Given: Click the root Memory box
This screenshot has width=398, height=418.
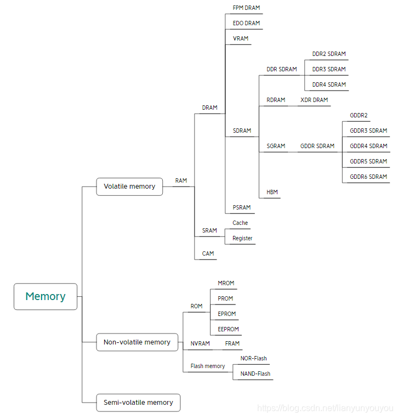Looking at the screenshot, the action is (x=46, y=296).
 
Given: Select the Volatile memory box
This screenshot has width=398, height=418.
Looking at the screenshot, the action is (x=129, y=187).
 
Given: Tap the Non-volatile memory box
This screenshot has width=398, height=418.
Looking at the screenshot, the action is (x=137, y=342).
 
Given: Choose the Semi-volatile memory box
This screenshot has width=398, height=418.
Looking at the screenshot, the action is (x=138, y=403).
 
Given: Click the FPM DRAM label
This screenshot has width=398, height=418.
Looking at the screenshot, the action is (x=246, y=8).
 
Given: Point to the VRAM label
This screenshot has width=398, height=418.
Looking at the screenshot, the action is (x=241, y=38).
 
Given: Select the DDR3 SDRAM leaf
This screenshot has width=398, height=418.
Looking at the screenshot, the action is (x=329, y=69).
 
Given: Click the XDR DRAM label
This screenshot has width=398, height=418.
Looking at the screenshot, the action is (x=314, y=100).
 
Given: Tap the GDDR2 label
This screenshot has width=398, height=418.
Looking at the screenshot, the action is (x=359, y=115).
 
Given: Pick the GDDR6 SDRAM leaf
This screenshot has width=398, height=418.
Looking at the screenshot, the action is (x=368, y=177).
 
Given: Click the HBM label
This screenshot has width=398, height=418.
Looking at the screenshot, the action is (x=272, y=192).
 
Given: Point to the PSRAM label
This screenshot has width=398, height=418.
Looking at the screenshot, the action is (x=242, y=207).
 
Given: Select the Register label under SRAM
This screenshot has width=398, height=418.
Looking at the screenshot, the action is (x=242, y=238).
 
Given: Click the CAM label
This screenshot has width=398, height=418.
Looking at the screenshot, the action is (x=208, y=253).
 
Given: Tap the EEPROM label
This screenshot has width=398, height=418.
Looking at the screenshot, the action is (x=228, y=330).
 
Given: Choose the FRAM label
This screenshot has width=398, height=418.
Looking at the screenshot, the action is (x=232, y=343).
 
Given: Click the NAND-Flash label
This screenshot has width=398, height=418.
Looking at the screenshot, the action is (x=255, y=374).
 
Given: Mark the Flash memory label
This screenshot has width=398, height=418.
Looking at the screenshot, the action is (x=208, y=366).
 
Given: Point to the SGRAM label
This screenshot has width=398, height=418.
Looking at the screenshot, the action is (x=276, y=146).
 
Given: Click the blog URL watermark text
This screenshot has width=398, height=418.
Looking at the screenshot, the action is (x=325, y=409).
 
